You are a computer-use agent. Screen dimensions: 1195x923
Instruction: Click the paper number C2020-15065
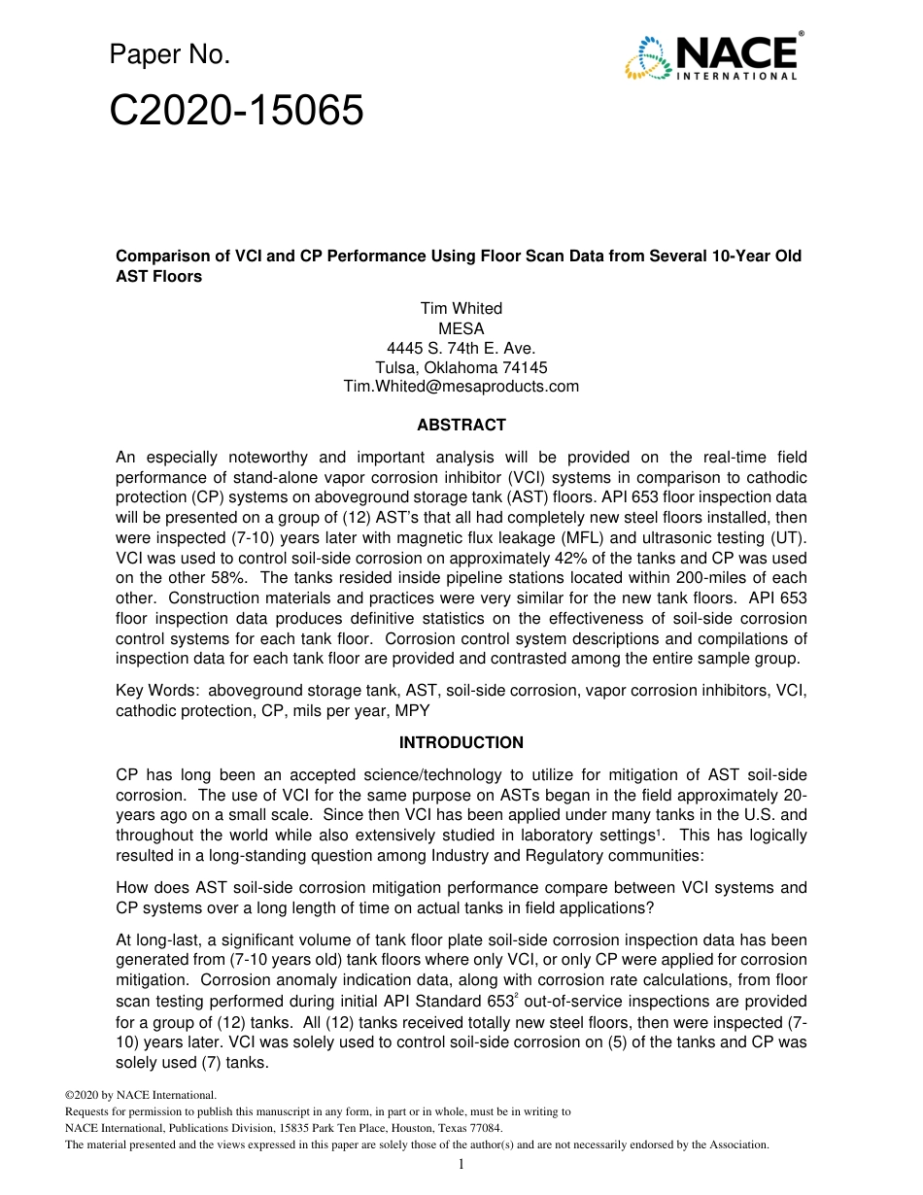pos(236,112)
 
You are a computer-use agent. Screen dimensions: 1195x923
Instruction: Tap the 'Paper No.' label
pos(169,55)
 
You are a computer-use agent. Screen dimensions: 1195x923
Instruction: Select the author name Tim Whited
pos(461,308)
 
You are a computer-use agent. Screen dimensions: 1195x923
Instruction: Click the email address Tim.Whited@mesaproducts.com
pos(461,386)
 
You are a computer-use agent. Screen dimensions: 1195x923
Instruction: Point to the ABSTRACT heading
pos(461,425)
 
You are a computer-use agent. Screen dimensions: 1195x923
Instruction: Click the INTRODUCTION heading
pos(461,742)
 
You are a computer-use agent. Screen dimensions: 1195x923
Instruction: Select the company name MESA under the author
pos(461,328)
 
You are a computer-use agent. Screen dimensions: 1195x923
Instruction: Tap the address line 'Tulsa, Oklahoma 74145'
pos(461,367)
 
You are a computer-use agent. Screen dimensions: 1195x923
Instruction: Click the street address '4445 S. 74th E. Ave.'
pos(461,348)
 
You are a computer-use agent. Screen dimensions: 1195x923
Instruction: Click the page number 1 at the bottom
pos(461,1165)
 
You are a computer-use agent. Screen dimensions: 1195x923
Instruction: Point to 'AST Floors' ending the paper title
pos(158,276)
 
